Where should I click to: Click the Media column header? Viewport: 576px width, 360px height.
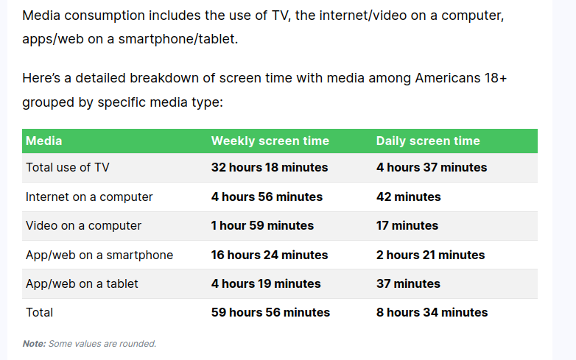44,141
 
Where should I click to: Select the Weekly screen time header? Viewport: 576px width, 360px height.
270,141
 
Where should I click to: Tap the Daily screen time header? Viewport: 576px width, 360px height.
428,141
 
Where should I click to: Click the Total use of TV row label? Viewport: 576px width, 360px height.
68,167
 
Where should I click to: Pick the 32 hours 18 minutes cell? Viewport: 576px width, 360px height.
270,167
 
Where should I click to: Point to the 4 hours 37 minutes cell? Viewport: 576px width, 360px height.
432,167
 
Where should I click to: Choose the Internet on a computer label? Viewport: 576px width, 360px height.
89,197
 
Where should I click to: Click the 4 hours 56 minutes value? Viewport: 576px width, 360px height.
267,197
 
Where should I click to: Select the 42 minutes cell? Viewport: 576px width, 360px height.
409,197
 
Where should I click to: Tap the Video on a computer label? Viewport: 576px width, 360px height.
83,225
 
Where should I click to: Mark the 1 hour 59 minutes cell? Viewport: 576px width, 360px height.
262,225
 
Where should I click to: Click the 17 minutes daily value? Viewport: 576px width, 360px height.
407,225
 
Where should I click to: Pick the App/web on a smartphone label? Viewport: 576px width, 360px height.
99,255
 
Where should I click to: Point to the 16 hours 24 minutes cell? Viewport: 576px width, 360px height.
270,255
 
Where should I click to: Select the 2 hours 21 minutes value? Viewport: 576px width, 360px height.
431,255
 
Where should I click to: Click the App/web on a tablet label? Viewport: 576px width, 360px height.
82,283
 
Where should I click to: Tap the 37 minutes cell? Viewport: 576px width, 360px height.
408,283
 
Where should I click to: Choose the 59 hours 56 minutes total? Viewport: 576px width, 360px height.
270,312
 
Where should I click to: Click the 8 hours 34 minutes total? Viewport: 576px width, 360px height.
432,312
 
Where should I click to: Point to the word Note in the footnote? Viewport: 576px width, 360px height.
34,344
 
